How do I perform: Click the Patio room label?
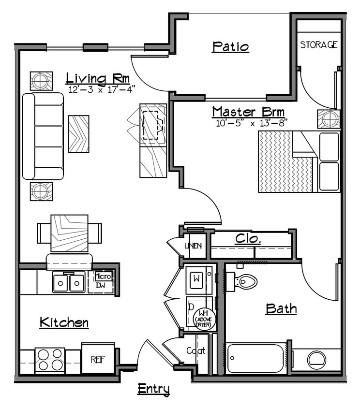pyautogui.click(x=231, y=47)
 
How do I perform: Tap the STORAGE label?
pyautogui.click(x=318, y=45)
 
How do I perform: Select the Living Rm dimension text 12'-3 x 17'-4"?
pyautogui.click(x=102, y=89)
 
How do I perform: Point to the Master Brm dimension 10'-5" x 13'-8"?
pyautogui.click(x=252, y=123)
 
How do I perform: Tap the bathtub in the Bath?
pyautogui.click(x=256, y=358)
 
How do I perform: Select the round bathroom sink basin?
pyautogui.click(x=317, y=359)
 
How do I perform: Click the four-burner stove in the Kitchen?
pyautogui.click(x=49, y=360)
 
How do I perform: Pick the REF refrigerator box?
pyautogui.click(x=98, y=359)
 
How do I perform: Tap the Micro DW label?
pyautogui.click(x=103, y=281)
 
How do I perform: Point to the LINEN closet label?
pyautogui.click(x=193, y=246)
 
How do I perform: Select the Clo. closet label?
pyautogui.click(x=249, y=239)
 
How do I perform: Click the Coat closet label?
pyautogui.click(x=196, y=351)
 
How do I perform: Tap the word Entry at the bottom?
pyautogui.click(x=153, y=389)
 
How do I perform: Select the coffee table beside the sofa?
pyautogui.click(x=78, y=134)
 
